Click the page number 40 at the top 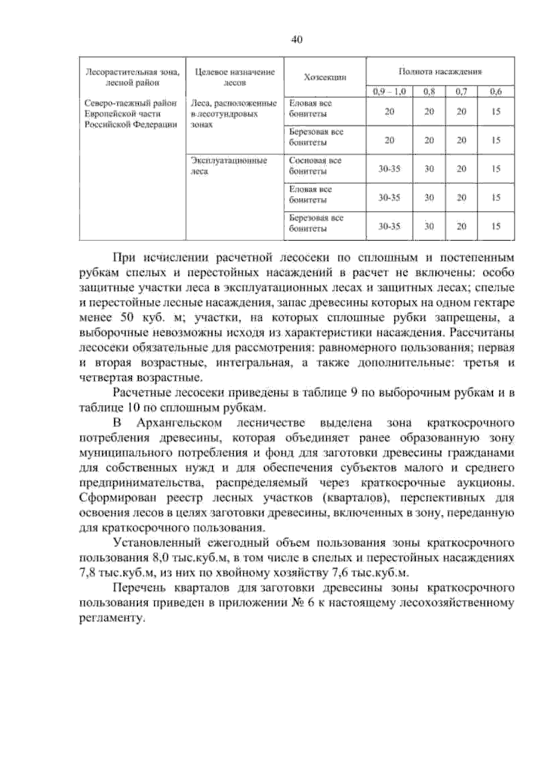(296, 40)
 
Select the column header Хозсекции (325, 77)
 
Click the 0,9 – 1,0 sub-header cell (389, 91)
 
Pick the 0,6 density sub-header (496, 91)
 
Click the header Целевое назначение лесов (235, 77)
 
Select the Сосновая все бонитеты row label (315, 166)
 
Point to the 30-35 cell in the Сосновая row (389, 169)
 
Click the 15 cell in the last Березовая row (496, 226)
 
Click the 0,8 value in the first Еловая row (429, 112)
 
